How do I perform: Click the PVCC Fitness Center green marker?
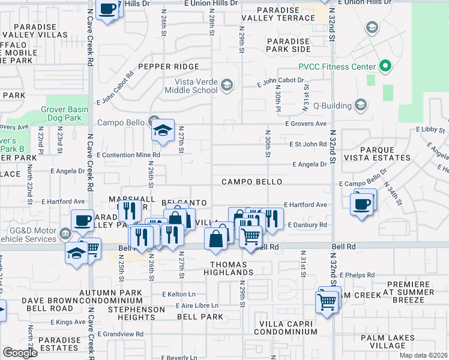pos(385,66)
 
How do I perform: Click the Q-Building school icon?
pos(360,105)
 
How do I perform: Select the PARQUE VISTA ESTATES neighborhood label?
pos(385,154)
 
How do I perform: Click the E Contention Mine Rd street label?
pos(128,155)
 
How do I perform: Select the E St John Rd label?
pos(308,144)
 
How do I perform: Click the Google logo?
pos(20,353)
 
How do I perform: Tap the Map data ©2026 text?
pos(423,355)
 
